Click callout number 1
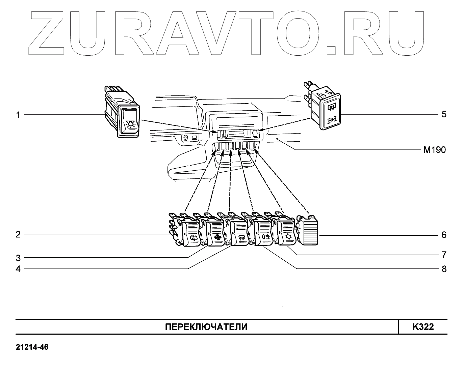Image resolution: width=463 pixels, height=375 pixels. pos(19,115)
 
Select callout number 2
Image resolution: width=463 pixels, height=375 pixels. pos(18,234)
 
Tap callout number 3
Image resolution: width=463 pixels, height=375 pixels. pos(18,258)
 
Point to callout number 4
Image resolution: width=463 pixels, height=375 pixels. pos(18,269)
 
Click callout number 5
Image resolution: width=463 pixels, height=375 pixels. pos(444,114)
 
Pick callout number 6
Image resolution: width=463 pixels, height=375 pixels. pos(444,235)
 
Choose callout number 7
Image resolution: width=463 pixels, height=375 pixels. pos(444,254)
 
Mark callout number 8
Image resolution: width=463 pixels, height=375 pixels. pos(444,269)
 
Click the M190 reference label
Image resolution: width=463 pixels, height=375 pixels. pos(435,150)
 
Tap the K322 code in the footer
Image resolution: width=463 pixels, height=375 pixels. pos(423,327)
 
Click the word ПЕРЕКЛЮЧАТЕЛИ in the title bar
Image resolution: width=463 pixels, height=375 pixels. pos(206,327)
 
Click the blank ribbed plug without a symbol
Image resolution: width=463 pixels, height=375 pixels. pos(308,232)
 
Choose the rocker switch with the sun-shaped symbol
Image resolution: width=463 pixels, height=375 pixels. pos(286,233)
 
